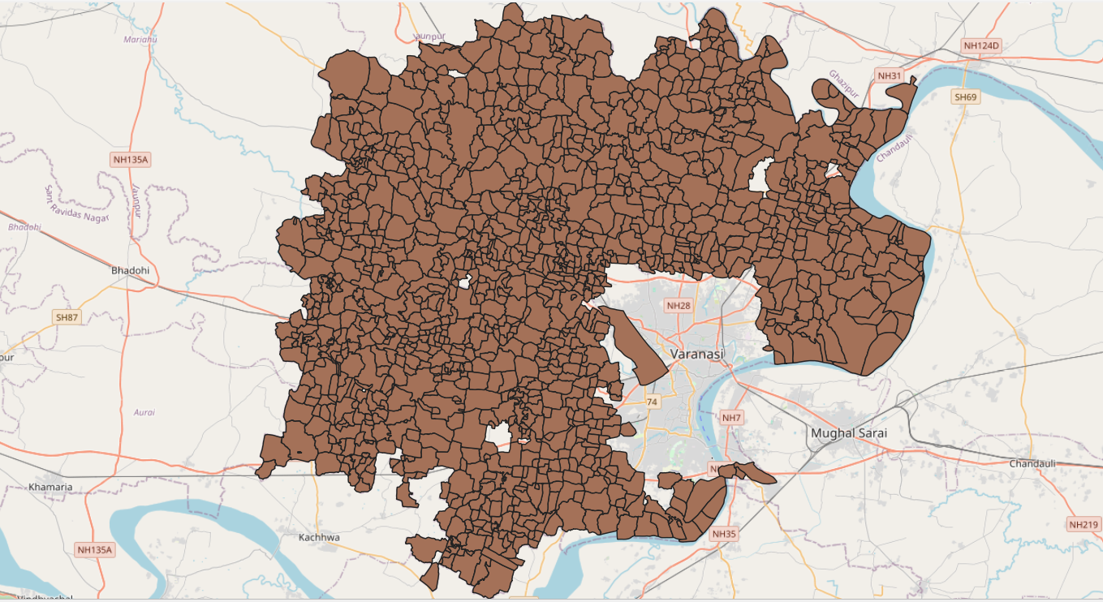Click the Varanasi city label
tap(699, 355)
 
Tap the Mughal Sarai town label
tap(849, 433)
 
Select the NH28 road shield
tap(678, 306)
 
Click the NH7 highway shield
tap(731, 417)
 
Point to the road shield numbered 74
tap(652, 402)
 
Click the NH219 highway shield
tap(1084, 524)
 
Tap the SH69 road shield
tap(966, 97)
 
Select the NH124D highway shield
tap(980, 46)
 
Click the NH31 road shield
tap(890, 75)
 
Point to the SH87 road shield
tap(67, 317)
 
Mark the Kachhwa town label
tap(319, 537)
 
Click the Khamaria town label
tap(50, 487)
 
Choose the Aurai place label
tap(144, 412)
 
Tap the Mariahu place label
tap(140, 39)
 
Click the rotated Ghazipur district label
tap(844, 85)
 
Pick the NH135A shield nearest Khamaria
tap(95, 549)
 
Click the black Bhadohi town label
tap(131, 269)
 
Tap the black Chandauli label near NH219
tap(1032, 463)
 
